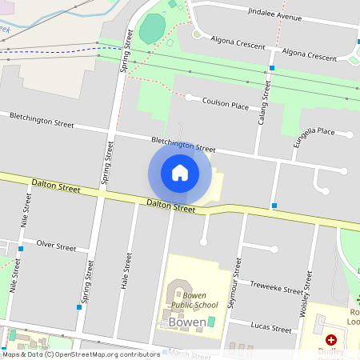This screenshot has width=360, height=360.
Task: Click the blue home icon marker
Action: (x=180, y=173)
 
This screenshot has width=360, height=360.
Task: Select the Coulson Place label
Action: (x=226, y=103)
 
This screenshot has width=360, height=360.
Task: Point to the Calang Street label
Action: (x=264, y=103)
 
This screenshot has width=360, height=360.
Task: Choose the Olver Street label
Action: (x=56, y=246)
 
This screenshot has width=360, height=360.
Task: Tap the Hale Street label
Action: (x=126, y=270)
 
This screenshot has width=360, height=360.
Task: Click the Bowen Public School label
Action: (x=194, y=300)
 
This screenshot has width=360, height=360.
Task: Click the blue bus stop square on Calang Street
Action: (x=272, y=69)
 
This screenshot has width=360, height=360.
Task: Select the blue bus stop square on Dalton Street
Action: (x=274, y=206)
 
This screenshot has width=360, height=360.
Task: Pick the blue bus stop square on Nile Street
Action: (x=20, y=249)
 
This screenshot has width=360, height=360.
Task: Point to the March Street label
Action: (x=190, y=353)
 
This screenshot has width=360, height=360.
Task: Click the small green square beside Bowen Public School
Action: (x=211, y=322)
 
